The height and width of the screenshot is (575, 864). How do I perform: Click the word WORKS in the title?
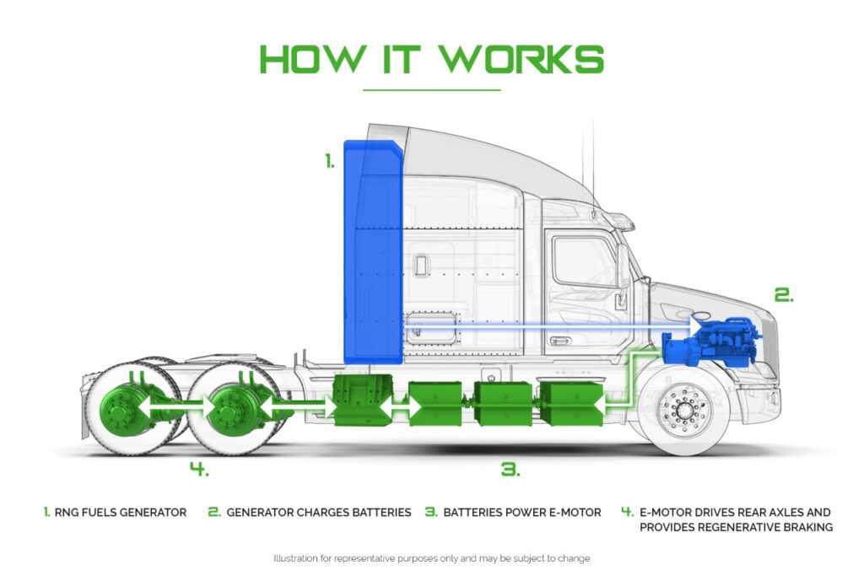click(521, 59)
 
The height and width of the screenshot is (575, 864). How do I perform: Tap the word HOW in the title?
click(312, 59)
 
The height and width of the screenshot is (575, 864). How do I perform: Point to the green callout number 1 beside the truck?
click(330, 161)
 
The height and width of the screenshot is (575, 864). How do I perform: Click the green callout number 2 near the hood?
click(784, 295)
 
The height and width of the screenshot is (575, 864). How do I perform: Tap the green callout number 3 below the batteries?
click(510, 470)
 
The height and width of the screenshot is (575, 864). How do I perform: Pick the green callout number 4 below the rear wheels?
click(199, 470)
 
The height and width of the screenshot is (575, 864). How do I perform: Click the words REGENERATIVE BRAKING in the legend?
click(765, 527)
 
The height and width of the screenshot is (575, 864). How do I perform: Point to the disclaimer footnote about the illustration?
click(431, 558)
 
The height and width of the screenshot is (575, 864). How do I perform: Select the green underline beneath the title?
click(431, 89)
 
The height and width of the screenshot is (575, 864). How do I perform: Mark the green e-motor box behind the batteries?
click(363, 400)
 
